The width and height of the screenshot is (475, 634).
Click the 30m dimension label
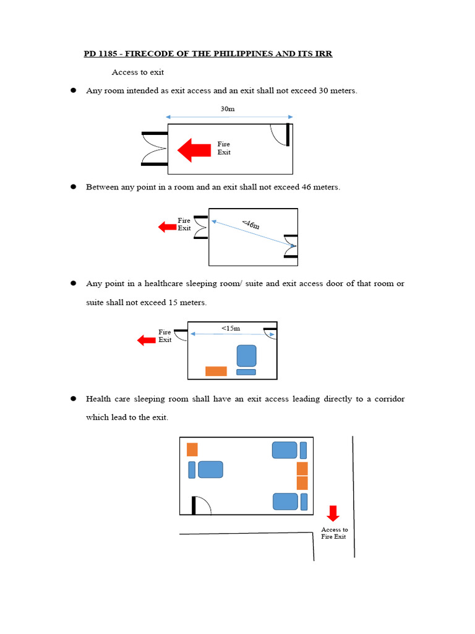pos(228,109)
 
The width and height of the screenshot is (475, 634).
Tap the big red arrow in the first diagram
pos(194,150)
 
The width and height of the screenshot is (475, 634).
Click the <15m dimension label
pos(231,328)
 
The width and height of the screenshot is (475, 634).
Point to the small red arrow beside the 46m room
pos(167,227)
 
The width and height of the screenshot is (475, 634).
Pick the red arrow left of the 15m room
pos(146,340)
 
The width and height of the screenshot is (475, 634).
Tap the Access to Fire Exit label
pos(334,533)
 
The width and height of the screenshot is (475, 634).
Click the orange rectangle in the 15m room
pos(216,371)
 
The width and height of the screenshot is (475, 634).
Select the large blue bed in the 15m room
pos(246,356)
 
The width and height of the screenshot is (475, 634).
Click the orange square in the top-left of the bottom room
pos(192,449)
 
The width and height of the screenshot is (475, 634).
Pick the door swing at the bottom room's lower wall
pos(202,505)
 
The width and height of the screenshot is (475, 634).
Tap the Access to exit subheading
pos(137,72)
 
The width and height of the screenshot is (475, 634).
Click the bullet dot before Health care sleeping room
pos(73,399)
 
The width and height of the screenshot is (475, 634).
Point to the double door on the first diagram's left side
pos(155,149)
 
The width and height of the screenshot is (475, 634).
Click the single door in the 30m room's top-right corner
pos(281,134)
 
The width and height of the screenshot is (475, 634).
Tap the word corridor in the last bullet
pos(387,399)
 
